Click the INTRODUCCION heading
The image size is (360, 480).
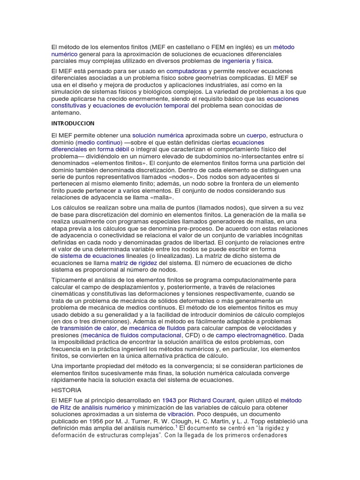point(73,123)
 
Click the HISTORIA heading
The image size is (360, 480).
point(66,390)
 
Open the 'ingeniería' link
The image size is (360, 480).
point(236,61)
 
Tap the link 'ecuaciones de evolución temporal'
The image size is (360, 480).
point(141,106)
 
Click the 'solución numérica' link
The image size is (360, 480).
point(158,135)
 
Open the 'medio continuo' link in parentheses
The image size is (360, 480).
point(99,142)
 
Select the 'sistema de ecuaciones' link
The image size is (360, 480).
point(92,256)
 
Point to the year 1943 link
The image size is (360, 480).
point(169,400)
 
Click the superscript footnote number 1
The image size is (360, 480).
point(176,426)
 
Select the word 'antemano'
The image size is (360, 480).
point(66,113)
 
